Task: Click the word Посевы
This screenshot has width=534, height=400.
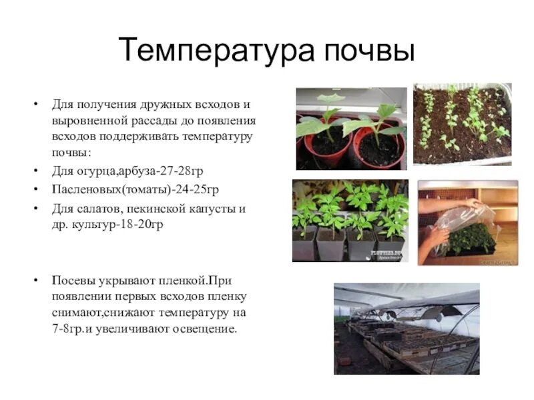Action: (74, 279)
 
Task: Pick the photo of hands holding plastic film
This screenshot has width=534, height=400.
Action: (467, 222)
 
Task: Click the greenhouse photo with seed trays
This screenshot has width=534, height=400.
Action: (407, 328)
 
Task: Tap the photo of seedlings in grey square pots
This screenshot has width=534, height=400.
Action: (350, 221)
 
